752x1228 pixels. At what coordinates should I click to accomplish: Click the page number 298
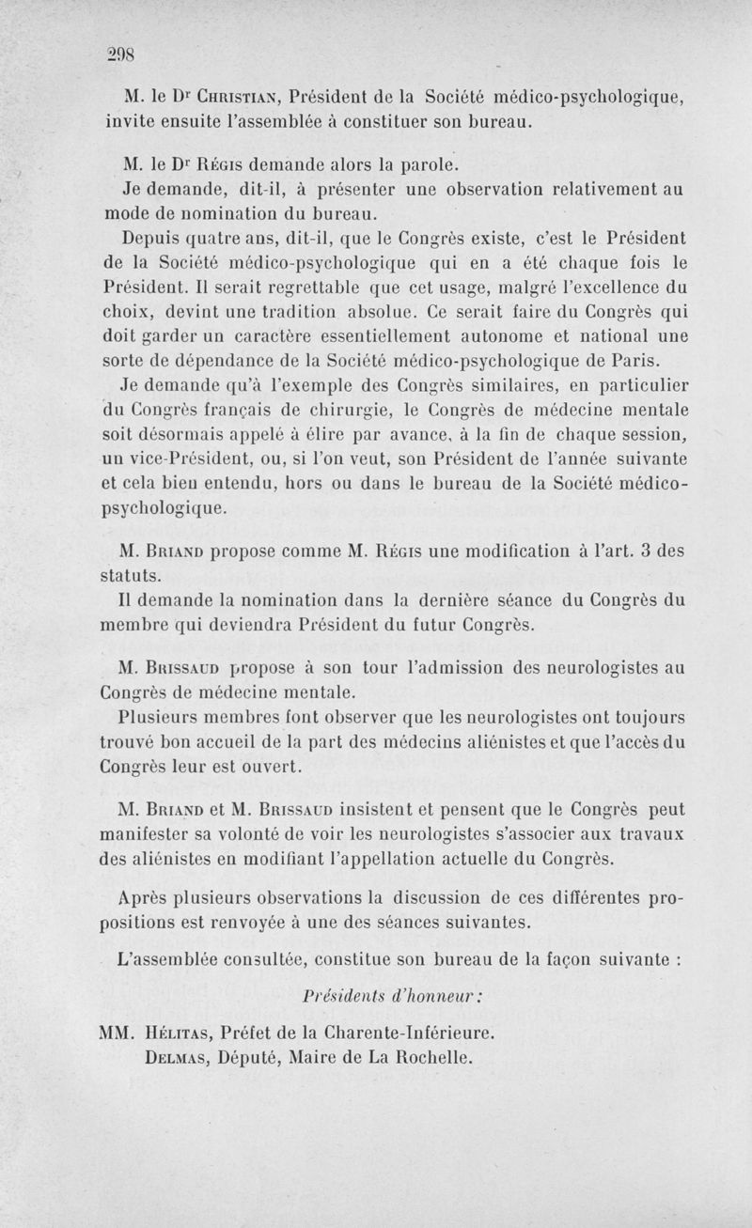coord(123,54)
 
